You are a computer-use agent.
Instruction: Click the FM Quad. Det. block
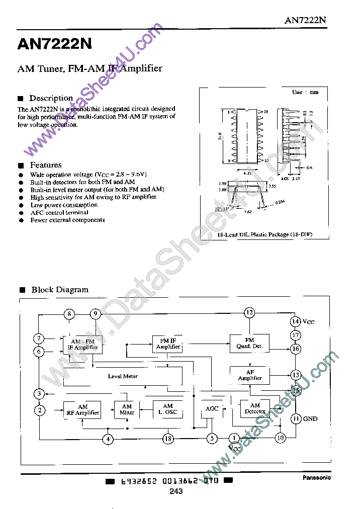click(249, 343)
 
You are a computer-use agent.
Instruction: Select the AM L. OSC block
click(168, 409)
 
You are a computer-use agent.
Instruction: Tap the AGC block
click(212, 409)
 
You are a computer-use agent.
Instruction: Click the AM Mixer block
click(127, 409)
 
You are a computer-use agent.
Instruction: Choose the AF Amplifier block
click(249, 375)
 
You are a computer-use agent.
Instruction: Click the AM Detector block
click(255, 408)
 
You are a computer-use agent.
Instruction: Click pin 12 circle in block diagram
click(249, 313)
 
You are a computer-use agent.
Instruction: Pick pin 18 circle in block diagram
click(168, 439)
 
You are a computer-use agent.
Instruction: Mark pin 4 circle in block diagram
click(108, 439)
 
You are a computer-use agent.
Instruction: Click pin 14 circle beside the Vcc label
click(296, 321)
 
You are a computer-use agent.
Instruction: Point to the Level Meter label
click(123, 376)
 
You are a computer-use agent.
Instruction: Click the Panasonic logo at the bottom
click(316, 478)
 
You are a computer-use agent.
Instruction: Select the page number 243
click(176, 491)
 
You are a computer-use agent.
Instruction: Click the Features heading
click(46, 165)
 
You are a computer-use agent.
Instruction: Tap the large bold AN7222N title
click(55, 44)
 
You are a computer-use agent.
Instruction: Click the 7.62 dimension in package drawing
click(247, 212)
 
